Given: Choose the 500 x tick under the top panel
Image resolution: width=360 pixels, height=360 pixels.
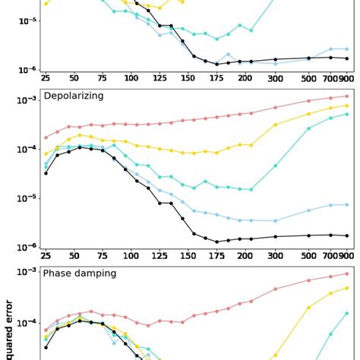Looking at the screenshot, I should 308,78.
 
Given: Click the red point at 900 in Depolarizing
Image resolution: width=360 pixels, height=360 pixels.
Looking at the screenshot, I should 347,96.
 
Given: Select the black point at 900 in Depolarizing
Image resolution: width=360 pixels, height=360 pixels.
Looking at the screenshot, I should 347,235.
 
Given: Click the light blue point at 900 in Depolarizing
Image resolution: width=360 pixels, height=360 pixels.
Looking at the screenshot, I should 347,205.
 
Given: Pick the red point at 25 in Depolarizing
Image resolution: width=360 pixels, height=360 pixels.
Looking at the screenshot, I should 46,137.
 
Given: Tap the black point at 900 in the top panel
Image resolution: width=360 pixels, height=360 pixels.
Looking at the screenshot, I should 347,58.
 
